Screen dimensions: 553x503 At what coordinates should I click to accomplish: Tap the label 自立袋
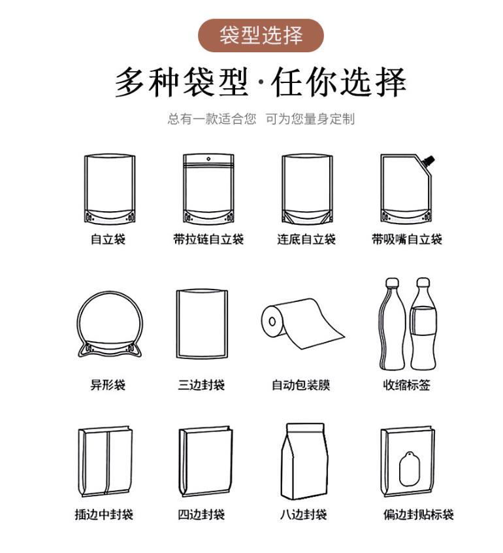(108, 240)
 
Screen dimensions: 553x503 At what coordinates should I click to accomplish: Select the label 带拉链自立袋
(208, 240)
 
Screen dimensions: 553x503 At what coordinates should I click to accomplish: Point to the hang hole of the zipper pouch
(208, 159)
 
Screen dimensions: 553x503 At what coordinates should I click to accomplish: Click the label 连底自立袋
(306, 240)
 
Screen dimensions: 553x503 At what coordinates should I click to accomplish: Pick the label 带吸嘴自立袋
(407, 240)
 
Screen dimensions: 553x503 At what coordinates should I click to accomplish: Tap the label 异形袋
(108, 385)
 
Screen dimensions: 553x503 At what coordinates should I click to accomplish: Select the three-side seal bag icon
(202, 324)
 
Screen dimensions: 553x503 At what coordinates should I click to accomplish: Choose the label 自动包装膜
(301, 385)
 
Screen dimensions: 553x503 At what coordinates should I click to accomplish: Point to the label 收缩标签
(407, 385)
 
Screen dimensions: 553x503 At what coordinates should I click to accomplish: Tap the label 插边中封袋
(104, 515)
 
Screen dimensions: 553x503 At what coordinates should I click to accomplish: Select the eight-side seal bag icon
(304, 460)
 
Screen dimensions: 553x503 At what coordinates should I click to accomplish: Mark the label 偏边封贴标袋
(418, 515)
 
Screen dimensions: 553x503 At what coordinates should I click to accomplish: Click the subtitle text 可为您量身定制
(310, 119)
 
